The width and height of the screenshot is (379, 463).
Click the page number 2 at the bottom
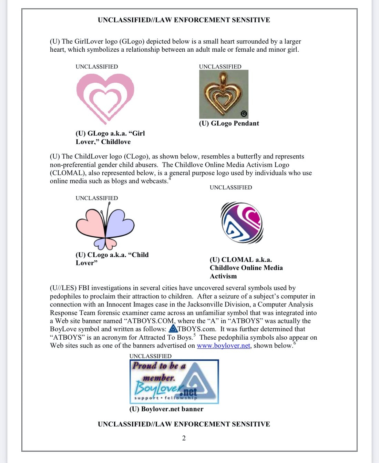click(184, 438)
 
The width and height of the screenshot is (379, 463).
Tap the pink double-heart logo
click(105, 98)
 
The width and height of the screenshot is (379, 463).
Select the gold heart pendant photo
click(224, 94)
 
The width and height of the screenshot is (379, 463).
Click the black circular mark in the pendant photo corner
click(244, 114)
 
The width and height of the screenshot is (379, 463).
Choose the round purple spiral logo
click(242, 223)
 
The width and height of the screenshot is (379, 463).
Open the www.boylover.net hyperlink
click(223, 346)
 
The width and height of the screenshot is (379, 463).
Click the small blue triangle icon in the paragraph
click(173, 329)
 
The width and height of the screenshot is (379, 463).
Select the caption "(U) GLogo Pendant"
click(229, 123)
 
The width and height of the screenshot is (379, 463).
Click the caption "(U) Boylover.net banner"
click(166, 409)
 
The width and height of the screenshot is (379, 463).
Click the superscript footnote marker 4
click(170, 178)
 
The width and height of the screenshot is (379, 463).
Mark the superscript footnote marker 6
click(295, 343)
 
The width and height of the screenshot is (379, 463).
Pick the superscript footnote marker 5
click(194, 335)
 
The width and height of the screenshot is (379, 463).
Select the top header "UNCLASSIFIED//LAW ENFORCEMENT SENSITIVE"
click(184, 20)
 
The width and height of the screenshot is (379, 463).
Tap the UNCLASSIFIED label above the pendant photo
click(220, 66)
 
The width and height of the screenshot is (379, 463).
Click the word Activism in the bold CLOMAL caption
click(223, 276)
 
